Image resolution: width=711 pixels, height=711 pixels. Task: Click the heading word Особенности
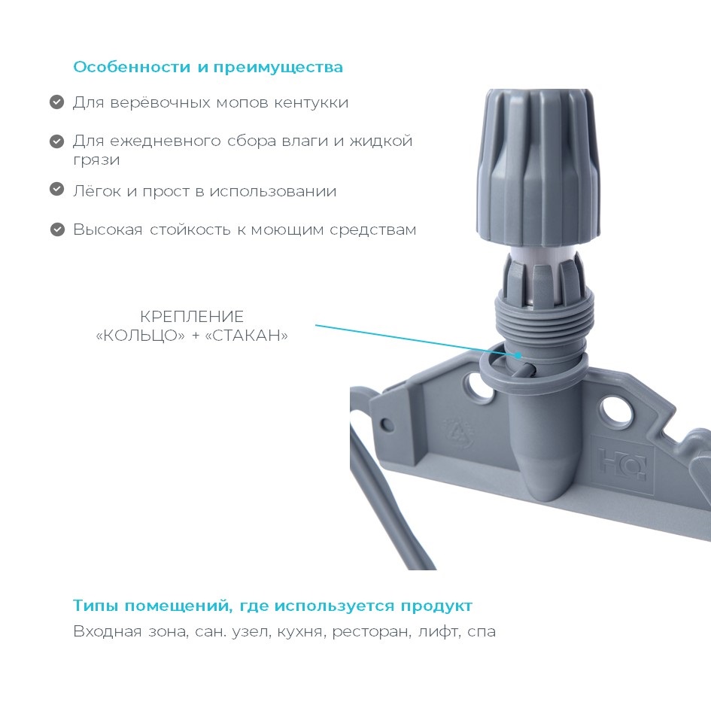132,67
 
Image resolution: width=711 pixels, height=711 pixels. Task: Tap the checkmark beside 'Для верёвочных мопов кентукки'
56,102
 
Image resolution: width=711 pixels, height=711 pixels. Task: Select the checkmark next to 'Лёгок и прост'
56,189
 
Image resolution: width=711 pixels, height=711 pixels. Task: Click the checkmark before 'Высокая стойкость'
57,229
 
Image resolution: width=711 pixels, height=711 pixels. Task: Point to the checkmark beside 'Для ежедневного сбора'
56,141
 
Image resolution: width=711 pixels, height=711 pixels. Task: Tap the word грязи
96,160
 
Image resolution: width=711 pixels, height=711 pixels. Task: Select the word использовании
273,191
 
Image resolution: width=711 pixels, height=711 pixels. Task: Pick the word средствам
372,230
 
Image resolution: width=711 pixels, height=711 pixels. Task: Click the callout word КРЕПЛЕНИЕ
192,317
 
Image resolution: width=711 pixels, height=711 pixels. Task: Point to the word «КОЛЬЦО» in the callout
141,336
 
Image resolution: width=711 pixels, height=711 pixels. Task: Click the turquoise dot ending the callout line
518,355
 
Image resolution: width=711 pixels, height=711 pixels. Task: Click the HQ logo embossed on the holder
621,463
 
